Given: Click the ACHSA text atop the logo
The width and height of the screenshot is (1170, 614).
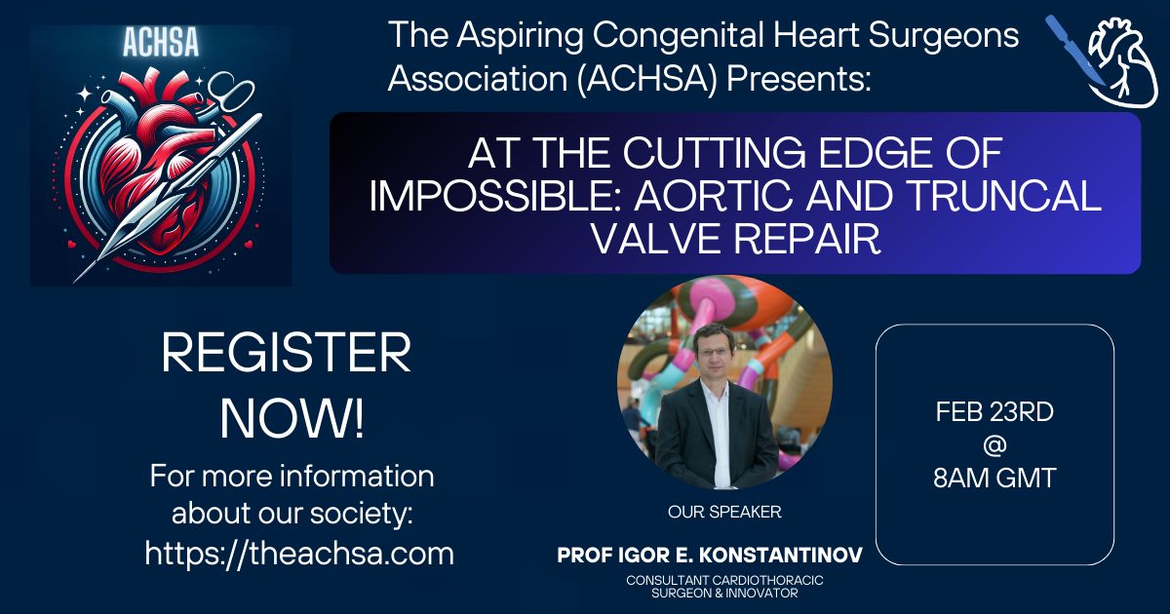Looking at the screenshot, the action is tap(161, 42).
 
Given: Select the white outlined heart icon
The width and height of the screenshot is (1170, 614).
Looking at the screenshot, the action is tap(1122, 62).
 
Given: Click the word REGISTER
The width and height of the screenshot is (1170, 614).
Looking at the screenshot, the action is tap(287, 354).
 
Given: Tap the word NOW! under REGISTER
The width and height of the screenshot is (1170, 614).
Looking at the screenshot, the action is tap(292, 419).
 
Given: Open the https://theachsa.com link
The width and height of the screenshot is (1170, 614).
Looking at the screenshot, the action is tap(299, 553).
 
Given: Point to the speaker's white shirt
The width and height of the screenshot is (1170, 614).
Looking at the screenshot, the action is tap(719, 435).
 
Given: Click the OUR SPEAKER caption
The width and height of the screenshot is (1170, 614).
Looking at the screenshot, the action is tap(724, 512).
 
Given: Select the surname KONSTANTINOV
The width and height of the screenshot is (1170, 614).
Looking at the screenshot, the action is tap(780, 556).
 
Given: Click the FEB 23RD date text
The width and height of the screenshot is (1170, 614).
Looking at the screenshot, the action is tap(994, 412).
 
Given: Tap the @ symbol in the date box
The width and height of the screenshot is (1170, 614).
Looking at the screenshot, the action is tap(994, 444).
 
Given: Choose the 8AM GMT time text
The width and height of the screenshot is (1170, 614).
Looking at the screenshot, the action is tap(994, 478).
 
